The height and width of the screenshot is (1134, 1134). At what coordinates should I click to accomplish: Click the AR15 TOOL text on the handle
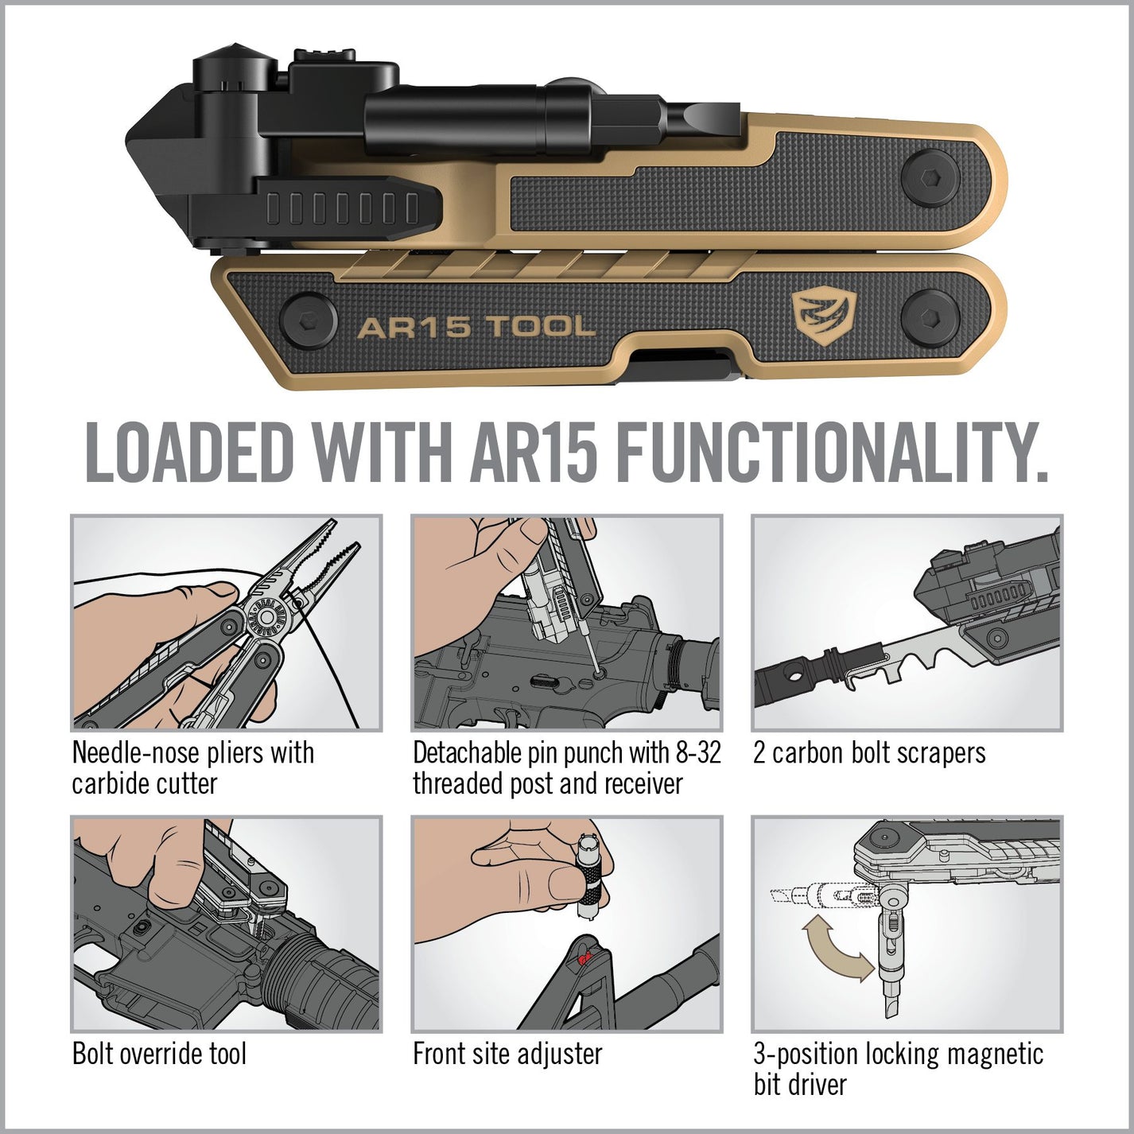476,327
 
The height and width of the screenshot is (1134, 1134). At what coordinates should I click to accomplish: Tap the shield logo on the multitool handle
824,316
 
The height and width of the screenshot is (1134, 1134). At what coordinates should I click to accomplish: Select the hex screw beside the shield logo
931,317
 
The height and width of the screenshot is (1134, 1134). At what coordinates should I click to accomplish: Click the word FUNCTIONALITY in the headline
830,452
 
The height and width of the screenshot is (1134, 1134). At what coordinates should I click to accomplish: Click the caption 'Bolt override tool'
159,1054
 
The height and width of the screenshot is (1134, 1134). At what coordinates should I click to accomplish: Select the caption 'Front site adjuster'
507,1054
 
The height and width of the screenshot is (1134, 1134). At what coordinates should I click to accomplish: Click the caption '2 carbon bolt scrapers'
869,753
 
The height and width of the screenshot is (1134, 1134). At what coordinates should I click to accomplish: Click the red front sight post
584,957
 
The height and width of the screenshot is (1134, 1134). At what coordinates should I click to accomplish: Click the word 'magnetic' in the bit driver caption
994,1054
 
